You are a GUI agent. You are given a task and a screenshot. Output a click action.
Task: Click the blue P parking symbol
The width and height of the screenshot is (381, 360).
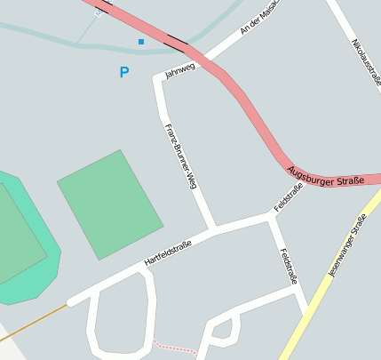(123, 73)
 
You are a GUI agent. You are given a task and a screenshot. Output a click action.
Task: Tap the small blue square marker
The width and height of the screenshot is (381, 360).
(140, 42)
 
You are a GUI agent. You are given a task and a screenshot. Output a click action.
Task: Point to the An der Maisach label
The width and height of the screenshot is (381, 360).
(259, 19)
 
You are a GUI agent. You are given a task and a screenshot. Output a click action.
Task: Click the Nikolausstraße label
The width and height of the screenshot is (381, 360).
(366, 62)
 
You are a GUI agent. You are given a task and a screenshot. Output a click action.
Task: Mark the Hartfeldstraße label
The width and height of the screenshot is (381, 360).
(168, 252)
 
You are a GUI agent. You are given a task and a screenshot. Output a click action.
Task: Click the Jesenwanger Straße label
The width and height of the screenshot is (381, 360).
(346, 246)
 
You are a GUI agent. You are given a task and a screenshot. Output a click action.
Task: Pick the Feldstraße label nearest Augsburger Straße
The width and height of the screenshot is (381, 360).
(290, 196)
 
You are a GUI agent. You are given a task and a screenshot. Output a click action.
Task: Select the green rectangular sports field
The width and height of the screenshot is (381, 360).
(110, 204)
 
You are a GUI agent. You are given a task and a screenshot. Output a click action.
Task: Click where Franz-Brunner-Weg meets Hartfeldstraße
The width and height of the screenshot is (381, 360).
(211, 229)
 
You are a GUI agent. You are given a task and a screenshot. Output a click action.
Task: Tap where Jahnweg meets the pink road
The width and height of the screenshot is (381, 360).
(202, 58)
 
